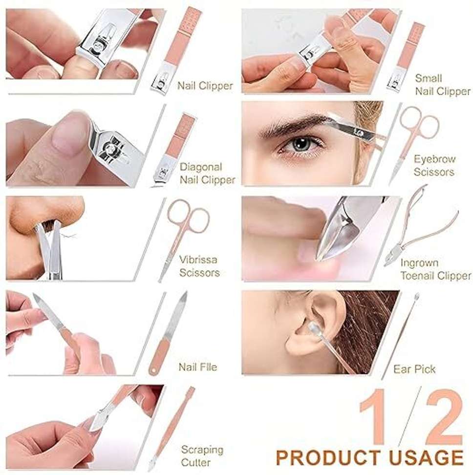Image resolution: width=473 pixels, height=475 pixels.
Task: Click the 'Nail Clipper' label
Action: (x=205, y=86)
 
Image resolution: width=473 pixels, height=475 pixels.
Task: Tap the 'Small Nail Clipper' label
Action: (x=442, y=85)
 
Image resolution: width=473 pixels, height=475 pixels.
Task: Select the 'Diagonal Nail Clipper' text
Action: (x=208, y=173)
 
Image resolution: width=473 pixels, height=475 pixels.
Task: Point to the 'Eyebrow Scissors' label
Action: (x=434, y=165)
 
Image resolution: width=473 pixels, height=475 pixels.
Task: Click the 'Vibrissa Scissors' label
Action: (x=199, y=266)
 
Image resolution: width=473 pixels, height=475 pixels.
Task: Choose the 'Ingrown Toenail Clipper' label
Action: (x=436, y=269)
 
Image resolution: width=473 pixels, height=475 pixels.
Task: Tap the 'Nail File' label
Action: (x=198, y=367)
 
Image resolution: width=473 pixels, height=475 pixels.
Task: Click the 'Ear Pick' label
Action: (x=414, y=369)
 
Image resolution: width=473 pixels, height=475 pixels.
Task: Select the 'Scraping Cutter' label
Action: (x=202, y=456)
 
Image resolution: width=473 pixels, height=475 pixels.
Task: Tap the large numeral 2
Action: (x=444, y=417)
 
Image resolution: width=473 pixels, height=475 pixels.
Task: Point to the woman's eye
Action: (x=301, y=144)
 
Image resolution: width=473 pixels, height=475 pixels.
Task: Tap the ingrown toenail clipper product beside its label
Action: (x=421, y=226)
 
